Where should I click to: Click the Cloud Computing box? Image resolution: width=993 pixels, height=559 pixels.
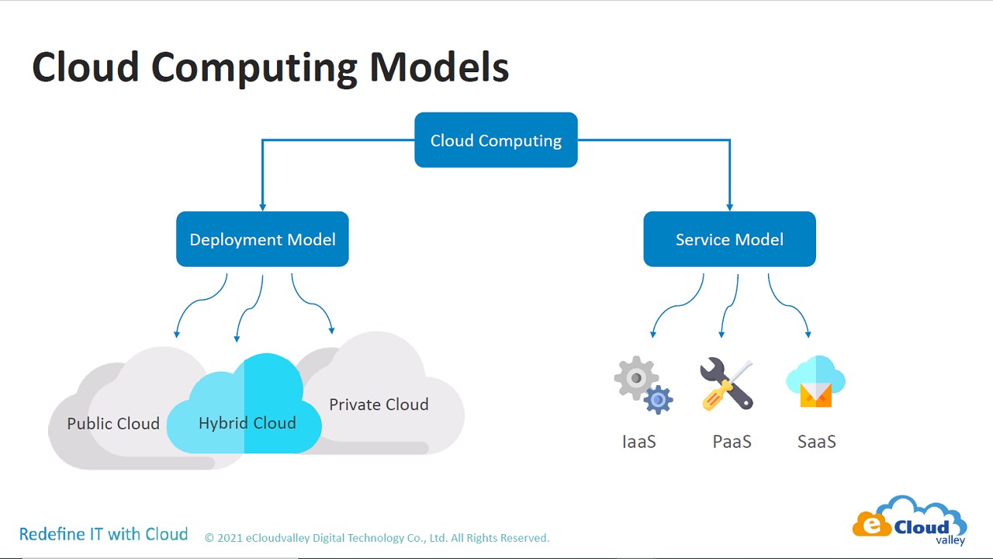click(496, 141)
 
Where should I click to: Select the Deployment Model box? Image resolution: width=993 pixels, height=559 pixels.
click(262, 239)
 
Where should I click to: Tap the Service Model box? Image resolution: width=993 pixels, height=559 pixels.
click(729, 239)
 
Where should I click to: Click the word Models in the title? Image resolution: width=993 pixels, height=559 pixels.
click(439, 67)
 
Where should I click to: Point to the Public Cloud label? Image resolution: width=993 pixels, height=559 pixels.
click(113, 424)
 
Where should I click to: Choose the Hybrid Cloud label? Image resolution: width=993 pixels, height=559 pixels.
click(247, 423)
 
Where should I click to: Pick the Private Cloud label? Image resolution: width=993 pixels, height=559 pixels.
click(379, 404)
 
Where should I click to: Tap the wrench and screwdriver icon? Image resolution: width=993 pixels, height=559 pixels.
click(727, 384)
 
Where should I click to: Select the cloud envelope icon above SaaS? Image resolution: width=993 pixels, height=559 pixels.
click(815, 382)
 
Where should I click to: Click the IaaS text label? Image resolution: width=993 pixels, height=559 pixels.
click(639, 442)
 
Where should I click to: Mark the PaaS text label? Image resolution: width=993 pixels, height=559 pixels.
click(732, 442)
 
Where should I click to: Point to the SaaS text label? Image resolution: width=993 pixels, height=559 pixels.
click(816, 442)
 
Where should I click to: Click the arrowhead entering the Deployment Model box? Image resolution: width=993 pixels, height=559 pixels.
click(262, 207)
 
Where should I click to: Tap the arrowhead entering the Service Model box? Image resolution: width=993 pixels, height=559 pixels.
click(730, 207)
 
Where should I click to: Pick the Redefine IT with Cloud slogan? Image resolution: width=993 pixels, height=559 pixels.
click(103, 534)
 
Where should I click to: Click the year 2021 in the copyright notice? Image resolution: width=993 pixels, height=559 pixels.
click(230, 538)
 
